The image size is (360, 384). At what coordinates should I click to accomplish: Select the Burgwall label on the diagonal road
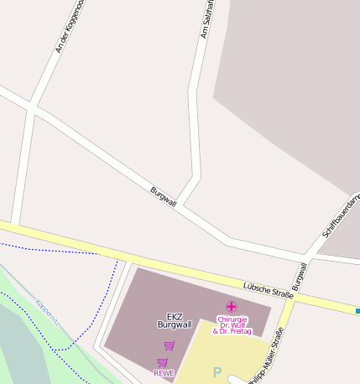[x=163, y=196]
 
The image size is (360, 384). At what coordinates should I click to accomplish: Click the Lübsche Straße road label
[x=268, y=290]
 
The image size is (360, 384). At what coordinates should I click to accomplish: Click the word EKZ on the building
[x=175, y=316]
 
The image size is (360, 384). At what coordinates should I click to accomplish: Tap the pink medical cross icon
[x=231, y=307]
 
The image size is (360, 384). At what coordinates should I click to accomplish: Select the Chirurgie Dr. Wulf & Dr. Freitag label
[x=231, y=324]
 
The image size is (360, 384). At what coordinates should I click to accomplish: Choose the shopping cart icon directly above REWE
[x=162, y=362]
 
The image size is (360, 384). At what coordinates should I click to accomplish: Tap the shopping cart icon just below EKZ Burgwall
[x=169, y=345]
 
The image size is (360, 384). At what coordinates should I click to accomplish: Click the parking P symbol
[x=217, y=372]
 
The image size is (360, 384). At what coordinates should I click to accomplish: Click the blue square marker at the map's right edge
[x=357, y=311]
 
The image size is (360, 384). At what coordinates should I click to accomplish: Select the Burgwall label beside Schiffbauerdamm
[x=300, y=275]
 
